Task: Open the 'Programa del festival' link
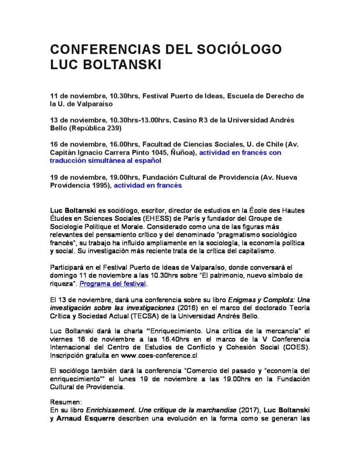(x=112, y=284)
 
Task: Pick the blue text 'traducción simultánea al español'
(x=106, y=161)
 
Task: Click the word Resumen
(x=66, y=402)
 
